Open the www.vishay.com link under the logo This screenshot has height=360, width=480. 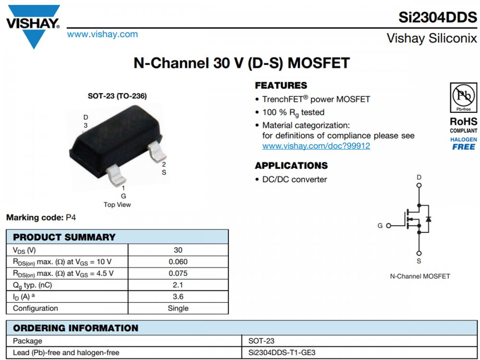click(102, 35)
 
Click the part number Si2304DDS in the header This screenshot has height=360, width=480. click(438, 17)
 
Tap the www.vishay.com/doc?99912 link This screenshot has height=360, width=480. click(316, 146)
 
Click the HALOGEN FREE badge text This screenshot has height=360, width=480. click(463, 144)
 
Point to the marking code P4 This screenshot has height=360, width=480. click(71, 217)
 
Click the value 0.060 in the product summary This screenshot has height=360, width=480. click(178, 262)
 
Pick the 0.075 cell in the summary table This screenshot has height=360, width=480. click(178, 273)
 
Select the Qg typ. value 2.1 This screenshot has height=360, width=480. click(178, 285)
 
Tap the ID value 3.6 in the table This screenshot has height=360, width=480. click(178, 297)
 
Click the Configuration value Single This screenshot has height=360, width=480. click(178, 308)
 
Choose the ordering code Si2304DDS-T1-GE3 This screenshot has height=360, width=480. click(282, 353)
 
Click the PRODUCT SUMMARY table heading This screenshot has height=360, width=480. click(64, 237)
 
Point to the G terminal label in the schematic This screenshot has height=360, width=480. click(380, 226)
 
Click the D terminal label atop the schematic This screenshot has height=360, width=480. click(419, 178)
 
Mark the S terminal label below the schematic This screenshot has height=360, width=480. click(419, 261)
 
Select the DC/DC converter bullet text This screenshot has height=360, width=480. click(294, 180)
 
